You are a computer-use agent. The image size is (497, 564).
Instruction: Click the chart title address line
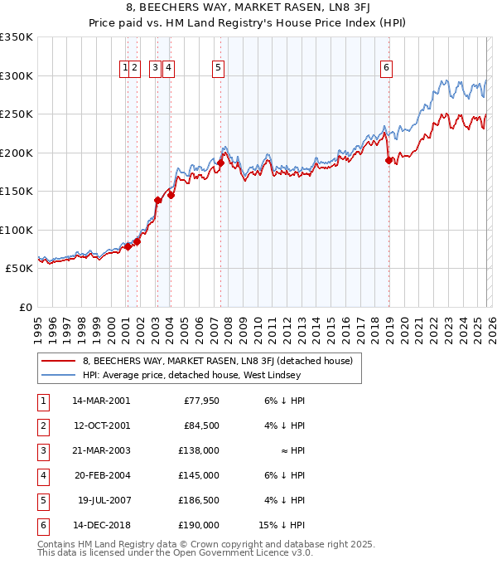coord(248,9)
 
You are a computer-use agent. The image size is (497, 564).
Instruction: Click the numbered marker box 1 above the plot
coord(125,69)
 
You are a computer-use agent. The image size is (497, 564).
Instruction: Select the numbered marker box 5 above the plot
coord(218,69)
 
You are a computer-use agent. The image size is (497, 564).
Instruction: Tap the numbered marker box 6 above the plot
coord(387,69)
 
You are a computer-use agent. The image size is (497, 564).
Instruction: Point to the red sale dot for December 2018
coord(388,161)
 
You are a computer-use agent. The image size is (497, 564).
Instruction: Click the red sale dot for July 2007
coord(221,163)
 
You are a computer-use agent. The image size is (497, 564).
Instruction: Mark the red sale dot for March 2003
coord(157,200)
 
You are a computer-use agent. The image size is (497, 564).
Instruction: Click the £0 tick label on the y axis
coord(25,308)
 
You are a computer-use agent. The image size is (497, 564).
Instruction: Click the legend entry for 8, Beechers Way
coord(217,361)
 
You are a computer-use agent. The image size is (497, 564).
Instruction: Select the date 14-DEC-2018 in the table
coord(102,525)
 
